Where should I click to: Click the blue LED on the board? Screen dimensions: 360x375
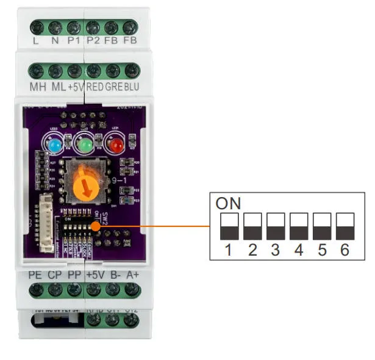(53, 146)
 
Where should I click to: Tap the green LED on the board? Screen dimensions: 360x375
(85, 146)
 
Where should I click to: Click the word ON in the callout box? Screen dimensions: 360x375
(229, 203)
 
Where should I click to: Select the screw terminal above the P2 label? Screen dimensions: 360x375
(93, 27)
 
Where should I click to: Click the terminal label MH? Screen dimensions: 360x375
(38, 87)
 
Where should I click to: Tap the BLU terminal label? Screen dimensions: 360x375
(132, 87)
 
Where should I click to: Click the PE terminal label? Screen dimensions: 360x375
(35, 275)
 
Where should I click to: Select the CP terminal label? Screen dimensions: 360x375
(55, 275)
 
